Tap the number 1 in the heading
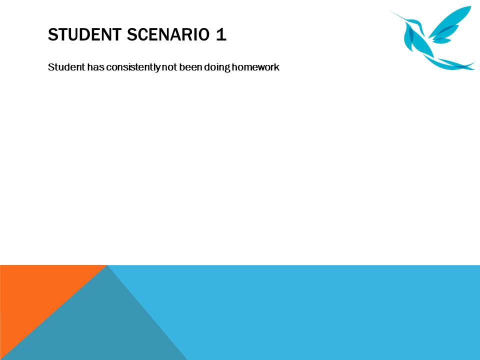(220, 35)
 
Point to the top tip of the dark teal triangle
(107, 266)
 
